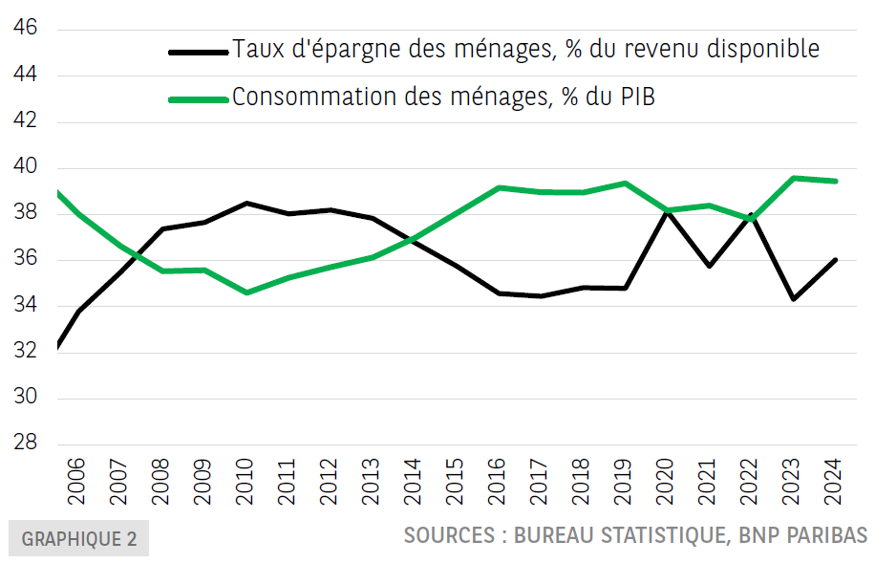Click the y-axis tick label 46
pos(26,29)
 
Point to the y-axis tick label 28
pos(26,444)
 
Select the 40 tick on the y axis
pos(26,167)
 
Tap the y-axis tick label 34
pos(26,306)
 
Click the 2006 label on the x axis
pos(75,484)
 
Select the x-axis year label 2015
pos(456,484)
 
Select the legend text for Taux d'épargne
pos(525,49)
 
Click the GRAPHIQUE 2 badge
pos(78,538)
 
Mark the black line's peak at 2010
pos(245,203)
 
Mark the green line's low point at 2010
pos(246,292)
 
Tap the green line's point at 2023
pos(794,178)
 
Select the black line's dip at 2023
pos(794,299)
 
